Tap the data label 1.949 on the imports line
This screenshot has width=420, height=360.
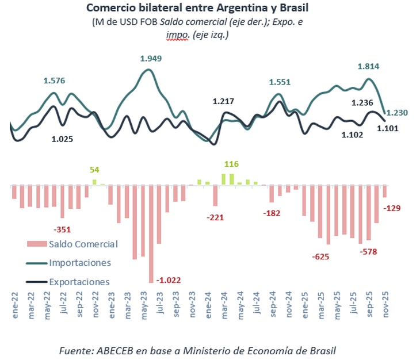[x=152, y=58]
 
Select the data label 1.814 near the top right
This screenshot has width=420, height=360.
[x=368, y=66]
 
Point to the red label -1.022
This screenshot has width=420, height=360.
[x=170, y=281]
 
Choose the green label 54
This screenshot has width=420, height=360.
[x=94, y=170]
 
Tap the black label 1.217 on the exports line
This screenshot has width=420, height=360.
[x=223, y=102]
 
